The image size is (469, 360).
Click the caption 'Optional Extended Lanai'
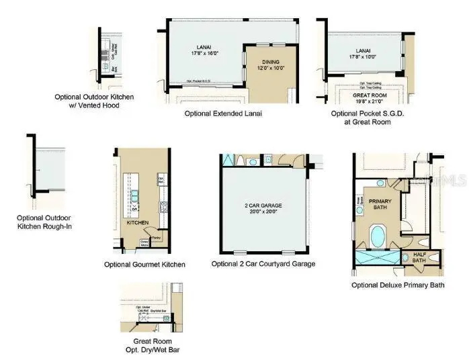click(223, 114)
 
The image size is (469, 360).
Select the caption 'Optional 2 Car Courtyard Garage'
click(263, 264)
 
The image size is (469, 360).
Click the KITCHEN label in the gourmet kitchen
click(137, 221)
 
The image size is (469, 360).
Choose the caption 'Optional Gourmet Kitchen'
click(144, 265)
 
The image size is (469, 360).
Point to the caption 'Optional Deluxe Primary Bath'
click(398, 285)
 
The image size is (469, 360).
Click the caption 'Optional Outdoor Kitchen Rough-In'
click(44, 222)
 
